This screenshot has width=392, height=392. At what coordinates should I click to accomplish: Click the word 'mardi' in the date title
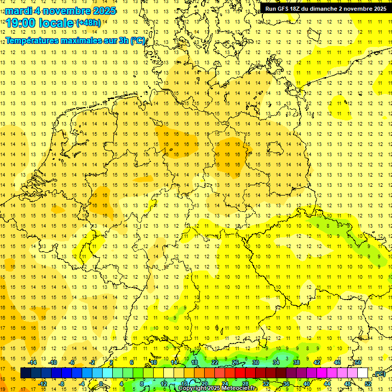pyautogui.click(x=18, y=11)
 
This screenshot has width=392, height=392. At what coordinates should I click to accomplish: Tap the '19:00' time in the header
pyautogui.click(x=20, y=22)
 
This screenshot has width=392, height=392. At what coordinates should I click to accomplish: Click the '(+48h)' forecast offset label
pyautogui.click(x=88, y=22)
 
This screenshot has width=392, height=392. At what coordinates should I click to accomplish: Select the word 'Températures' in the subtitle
pyautogui.click(x=31, y=40)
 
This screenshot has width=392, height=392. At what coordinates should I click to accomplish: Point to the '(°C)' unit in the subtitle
pyautogui.click(x=138, y=40)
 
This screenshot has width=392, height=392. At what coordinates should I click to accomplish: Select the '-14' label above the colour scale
pyautogui.click(x=33, y=362)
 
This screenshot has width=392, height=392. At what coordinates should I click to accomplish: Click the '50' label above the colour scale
pyautogui.click(x=357, y=362)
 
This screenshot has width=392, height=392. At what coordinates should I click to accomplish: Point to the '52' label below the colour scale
pyautogui.click(x=368, y=383)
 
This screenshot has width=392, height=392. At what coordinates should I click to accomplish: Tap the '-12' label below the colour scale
pyautogui.click(x=42, y=383)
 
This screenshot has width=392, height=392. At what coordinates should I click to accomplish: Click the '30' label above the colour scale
pyautogui.click(x=255, y=362)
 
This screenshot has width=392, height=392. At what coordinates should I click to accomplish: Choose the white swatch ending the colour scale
pyautogui.click(x=362, y=373)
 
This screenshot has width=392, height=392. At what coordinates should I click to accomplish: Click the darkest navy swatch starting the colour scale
pyautogui.click(x=26, y=373)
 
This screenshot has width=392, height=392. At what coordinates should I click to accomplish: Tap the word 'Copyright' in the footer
pyautogui.click(x=193, y=388)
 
